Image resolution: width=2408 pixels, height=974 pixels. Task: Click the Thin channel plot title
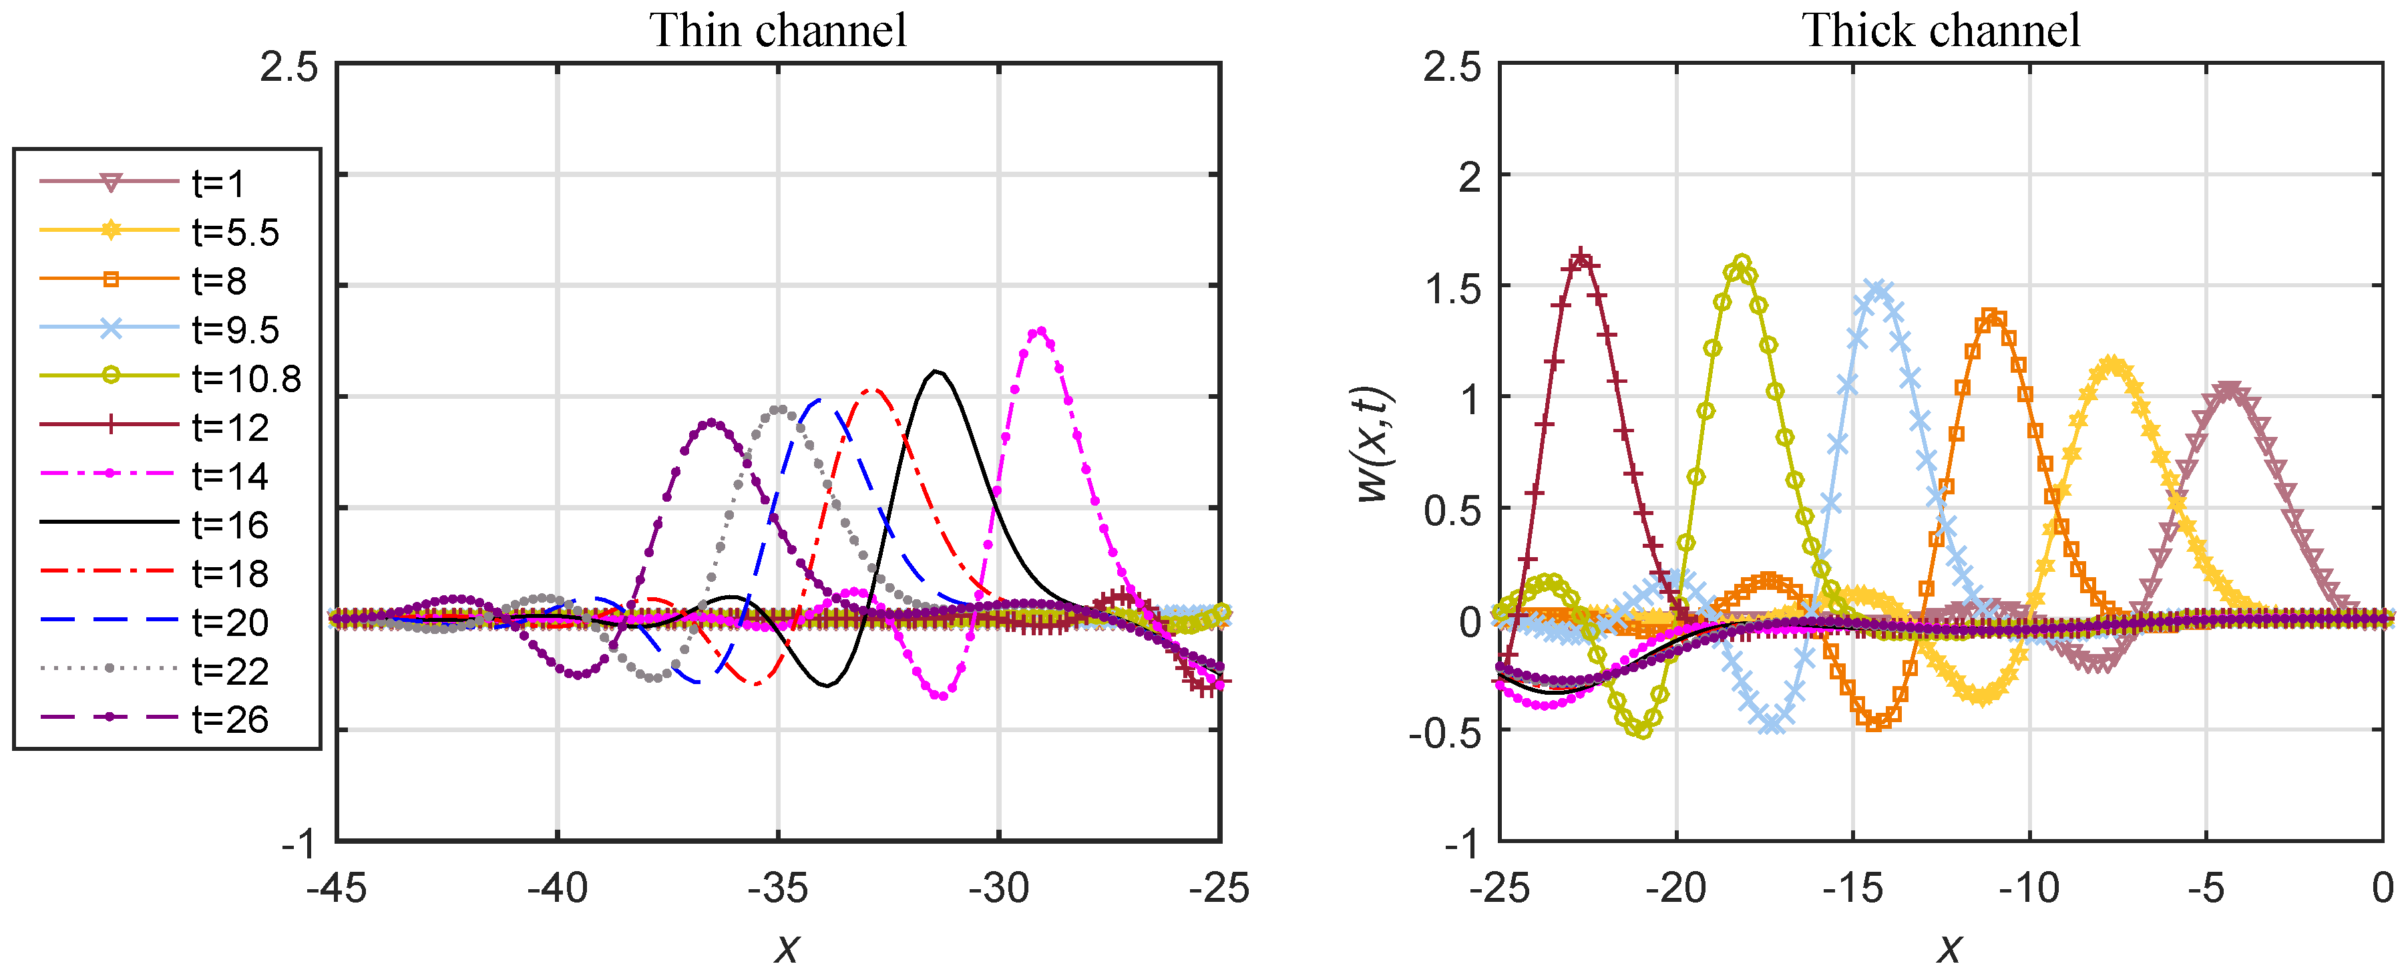tap(778, 30)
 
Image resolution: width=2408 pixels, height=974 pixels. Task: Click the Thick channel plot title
tap(1941, 30)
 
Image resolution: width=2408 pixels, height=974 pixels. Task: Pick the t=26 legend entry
tap(230, 719)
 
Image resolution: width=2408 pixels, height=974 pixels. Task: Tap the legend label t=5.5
tap(236, 232)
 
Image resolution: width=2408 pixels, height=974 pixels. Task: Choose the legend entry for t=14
tap(230, 476)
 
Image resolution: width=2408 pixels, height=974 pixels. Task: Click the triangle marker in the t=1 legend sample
tap(110, 182)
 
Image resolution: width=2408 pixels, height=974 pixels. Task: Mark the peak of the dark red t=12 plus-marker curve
tap(1580, 258)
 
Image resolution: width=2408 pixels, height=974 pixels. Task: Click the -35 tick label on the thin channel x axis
tap(778, 888)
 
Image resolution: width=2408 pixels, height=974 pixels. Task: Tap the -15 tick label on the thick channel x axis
tap(1852, 888)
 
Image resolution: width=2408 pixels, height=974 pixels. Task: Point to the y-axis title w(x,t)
tap(1375, 445)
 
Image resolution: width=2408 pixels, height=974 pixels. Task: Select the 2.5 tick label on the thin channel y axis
tap(289, 67)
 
